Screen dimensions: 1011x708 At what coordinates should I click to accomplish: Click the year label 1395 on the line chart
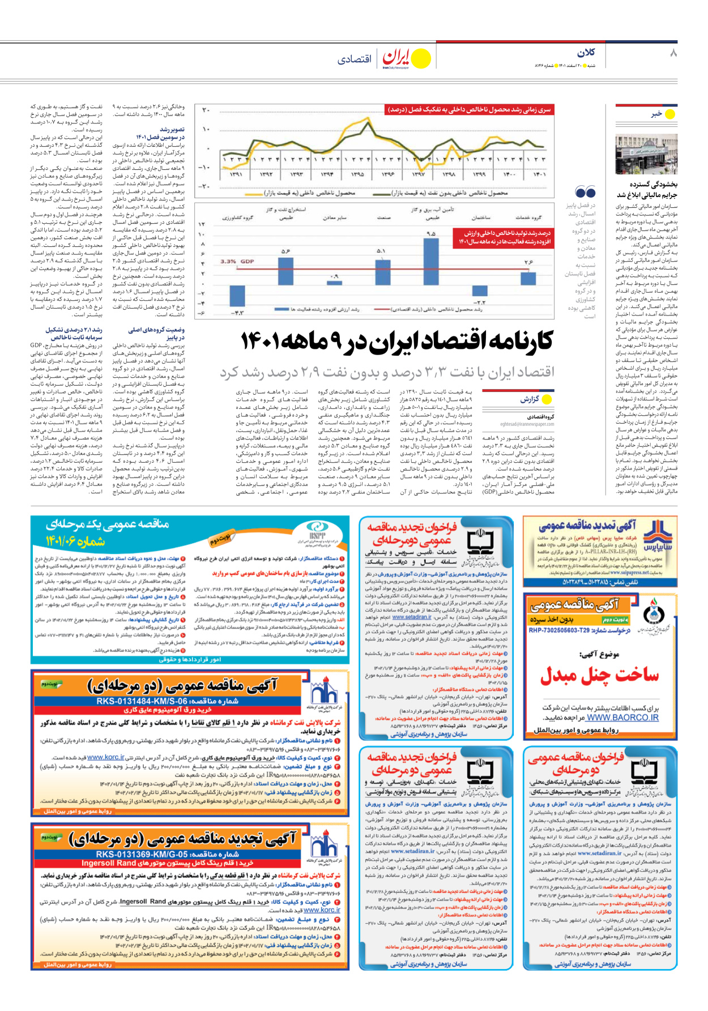(357, 174)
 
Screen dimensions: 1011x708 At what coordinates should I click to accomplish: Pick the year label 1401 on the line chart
(539, 174)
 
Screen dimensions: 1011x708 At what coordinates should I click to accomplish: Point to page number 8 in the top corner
(673, 53)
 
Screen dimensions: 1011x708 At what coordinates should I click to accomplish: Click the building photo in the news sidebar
(646, 154)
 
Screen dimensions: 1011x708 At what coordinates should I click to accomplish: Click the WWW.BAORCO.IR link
(622, 718)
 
